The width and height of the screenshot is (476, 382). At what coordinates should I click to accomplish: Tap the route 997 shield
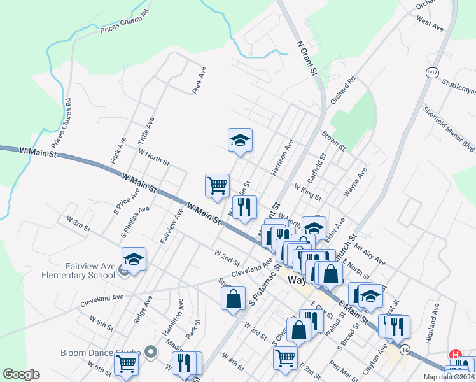(x=433, y=72)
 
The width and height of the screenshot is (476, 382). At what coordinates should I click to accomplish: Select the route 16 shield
(x=405, y=349)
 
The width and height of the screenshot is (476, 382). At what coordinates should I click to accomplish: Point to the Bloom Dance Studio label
(x=101, y=353)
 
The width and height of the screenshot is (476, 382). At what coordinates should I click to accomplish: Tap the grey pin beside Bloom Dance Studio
(x=150, y=351)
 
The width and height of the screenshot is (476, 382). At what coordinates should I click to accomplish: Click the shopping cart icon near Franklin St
(x=217, y=185)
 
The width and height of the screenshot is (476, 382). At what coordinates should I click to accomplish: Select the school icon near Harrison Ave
(x=241, y=140)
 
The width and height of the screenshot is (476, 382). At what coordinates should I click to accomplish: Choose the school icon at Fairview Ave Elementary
(x=134, y=259)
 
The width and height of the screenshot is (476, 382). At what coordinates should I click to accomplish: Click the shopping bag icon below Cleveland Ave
(x=234, y=298)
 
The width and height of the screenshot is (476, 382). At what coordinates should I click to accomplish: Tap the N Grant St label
(x=307, y=58)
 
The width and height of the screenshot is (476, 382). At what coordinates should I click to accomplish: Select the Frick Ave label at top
(x=199, y=82)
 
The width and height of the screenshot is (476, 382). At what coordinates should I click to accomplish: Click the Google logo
(x=22, y=374)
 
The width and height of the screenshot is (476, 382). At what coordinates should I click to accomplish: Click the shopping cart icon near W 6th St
(x=126, y=365)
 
